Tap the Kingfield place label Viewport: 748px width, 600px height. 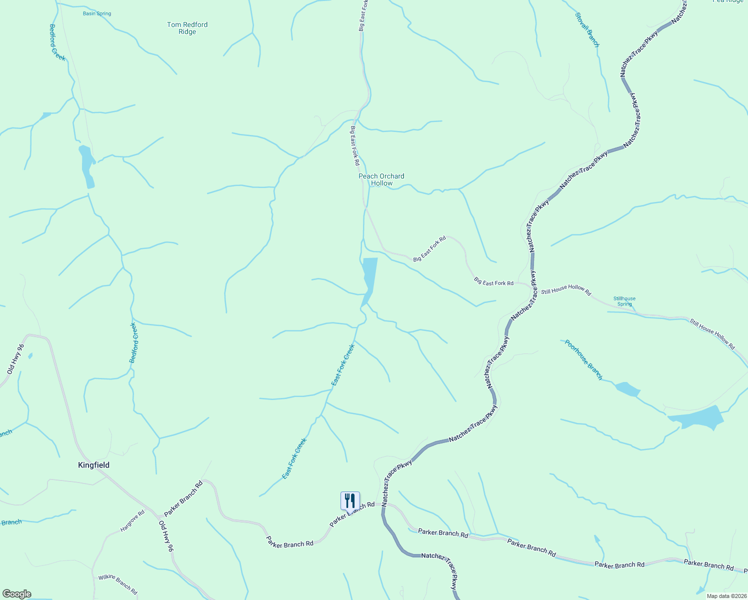[x=93, y=465]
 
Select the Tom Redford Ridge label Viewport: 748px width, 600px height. [x=187, y=28]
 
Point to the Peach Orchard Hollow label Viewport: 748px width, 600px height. [x=381, y=179]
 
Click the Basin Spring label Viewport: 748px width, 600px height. [x=97, y=13]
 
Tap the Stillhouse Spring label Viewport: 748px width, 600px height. [x=624, y=301]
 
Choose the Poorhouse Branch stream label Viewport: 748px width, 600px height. [x=583, y=359]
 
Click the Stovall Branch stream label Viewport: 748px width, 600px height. [x=587, y=30]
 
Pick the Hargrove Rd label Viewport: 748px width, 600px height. [x=132, y=520]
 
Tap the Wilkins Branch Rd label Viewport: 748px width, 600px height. [x=117, y=584]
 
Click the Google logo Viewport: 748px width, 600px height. [x=16, y=594]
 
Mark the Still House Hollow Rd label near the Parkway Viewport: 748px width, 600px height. [x=565, y=290]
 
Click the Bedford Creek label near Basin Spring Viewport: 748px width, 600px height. [x=57, y=42]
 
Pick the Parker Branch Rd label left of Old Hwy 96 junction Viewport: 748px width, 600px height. [x=183, y=498]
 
